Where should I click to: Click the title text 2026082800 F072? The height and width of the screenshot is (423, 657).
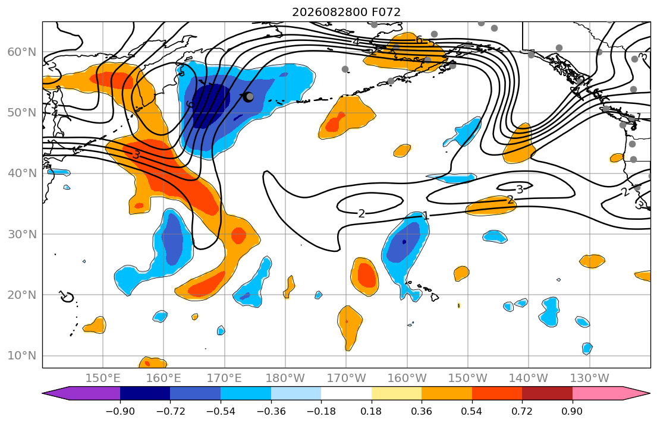346,12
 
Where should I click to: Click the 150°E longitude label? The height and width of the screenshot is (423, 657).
103,378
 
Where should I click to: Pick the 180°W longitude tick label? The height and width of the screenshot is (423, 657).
285,378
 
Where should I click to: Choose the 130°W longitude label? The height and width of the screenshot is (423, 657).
590,378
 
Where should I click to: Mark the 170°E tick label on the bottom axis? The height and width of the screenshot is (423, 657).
225,378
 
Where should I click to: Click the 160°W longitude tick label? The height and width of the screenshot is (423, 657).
407,378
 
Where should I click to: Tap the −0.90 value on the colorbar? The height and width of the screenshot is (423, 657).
120,411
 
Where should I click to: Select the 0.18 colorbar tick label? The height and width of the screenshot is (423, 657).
371,411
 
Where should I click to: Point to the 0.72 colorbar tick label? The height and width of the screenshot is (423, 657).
522,411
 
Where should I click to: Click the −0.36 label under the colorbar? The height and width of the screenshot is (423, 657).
271,411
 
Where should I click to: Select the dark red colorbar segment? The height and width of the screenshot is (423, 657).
547,393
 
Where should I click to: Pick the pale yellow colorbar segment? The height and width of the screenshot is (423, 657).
397,393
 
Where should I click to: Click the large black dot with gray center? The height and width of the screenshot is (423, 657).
249,97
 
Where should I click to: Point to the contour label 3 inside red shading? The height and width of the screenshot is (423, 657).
136,154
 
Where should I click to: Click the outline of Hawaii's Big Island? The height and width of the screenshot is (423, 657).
435,297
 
